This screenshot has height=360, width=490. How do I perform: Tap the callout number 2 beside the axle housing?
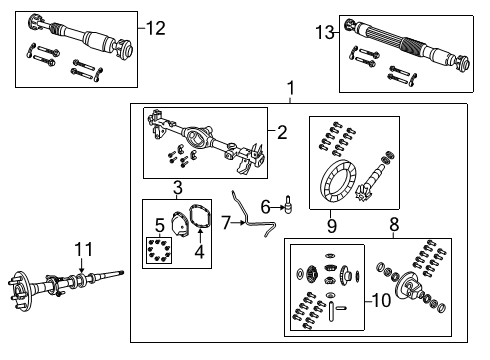pos(283,131)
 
